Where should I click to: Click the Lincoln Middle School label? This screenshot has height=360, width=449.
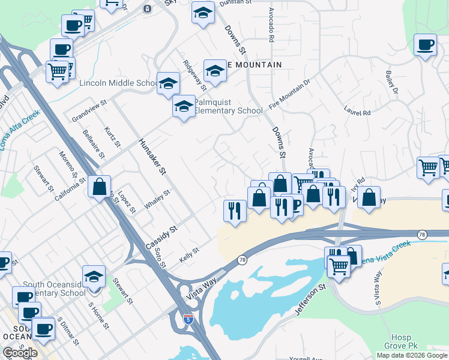118,83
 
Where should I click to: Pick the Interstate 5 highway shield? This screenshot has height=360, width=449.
188,319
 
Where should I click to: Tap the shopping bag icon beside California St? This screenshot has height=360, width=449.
99,186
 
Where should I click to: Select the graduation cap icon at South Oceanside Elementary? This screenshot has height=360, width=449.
94,277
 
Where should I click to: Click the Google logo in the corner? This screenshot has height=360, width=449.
20,353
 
